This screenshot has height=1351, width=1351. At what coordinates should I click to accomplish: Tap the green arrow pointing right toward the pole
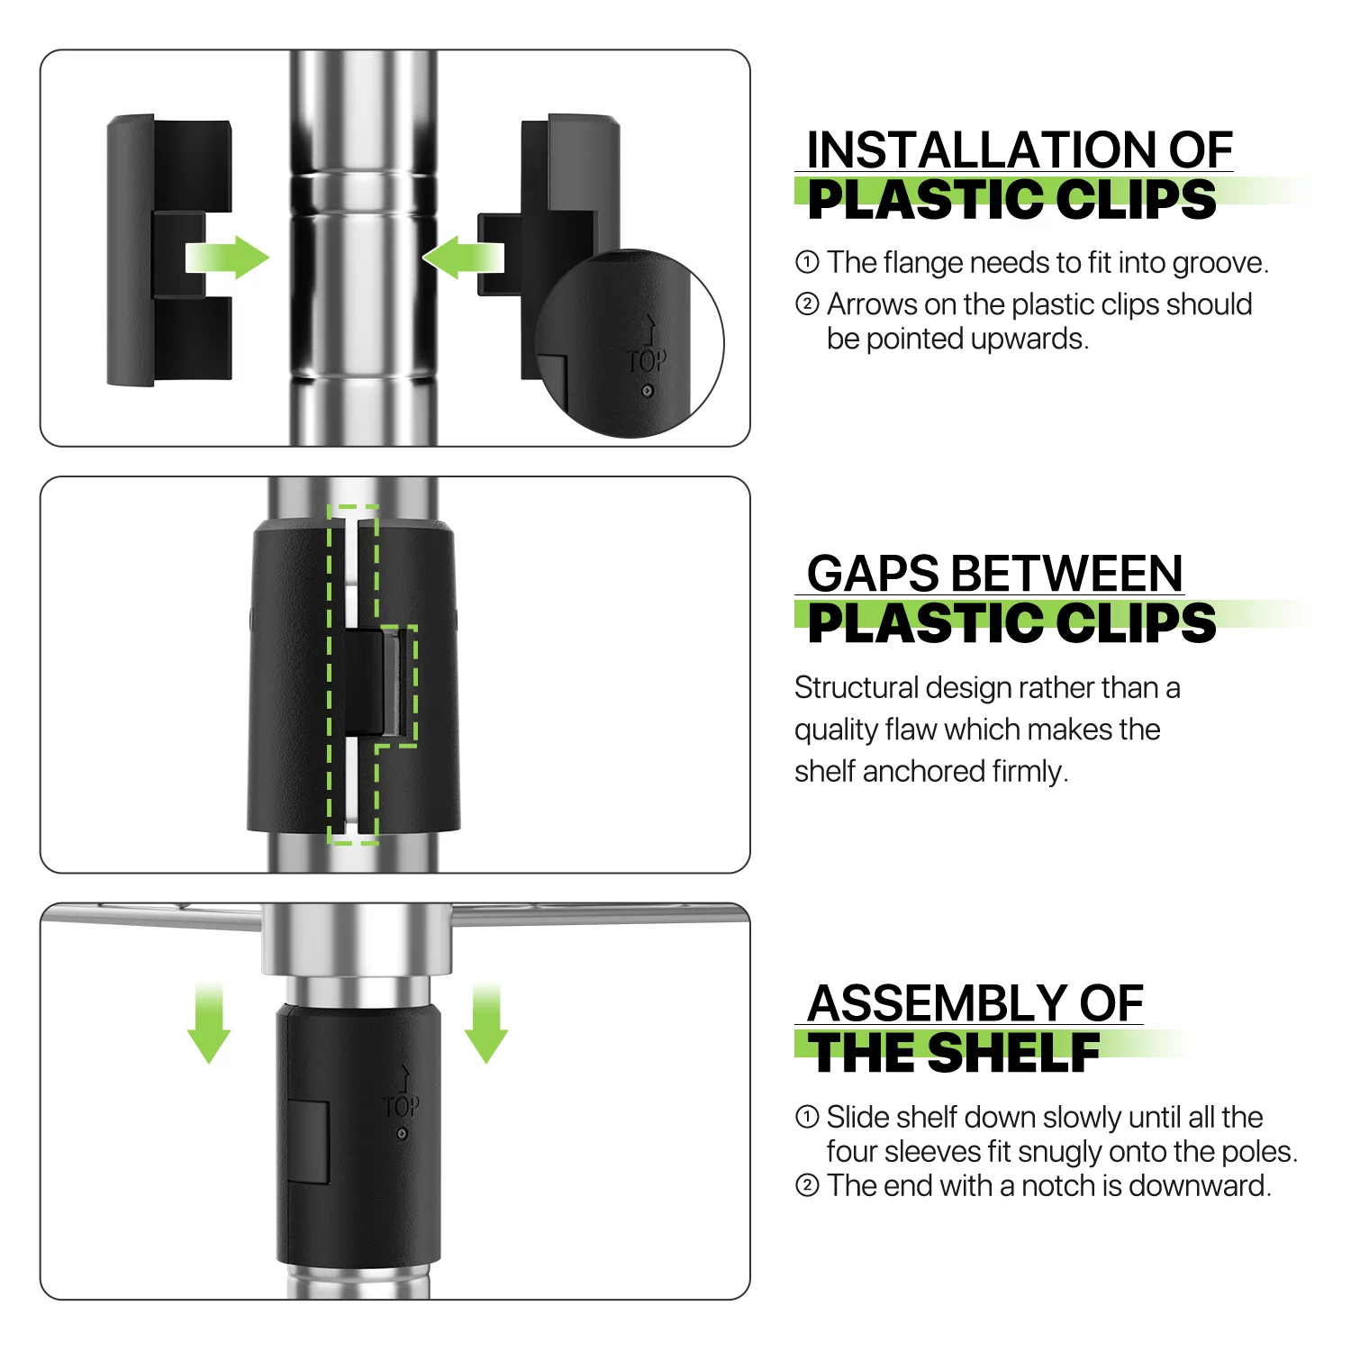pyautogui.click(x=227, y=258)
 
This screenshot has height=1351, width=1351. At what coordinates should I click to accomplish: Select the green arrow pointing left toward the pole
pyautogui.click(x=463, y=258)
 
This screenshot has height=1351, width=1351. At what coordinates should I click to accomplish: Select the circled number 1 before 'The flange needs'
pyautogui.click(x=807, y=262)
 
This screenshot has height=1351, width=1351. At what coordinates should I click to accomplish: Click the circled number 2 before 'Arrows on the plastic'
pyautogui.click(x=807, y=304)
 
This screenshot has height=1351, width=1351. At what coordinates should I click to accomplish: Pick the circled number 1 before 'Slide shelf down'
pyautogui.click(x=807, y=1117)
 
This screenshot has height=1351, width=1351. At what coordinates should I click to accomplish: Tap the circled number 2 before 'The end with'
pyautogui.click(x=807, y=1185)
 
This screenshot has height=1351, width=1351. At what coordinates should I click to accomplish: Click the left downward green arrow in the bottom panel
pyautogui.click(x=209, y=1024)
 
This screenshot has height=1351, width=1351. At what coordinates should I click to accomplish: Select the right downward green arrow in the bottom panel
pyautogui.click(x=486, y=1024)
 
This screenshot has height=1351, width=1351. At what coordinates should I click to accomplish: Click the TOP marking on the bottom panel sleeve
pyautogui.click(x=401, y=1106)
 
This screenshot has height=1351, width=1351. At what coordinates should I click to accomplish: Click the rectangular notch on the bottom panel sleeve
pyautogui.click(x=307, y=1141)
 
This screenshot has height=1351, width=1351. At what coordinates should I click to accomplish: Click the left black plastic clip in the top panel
pyautogui.click(x=169, y=250)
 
